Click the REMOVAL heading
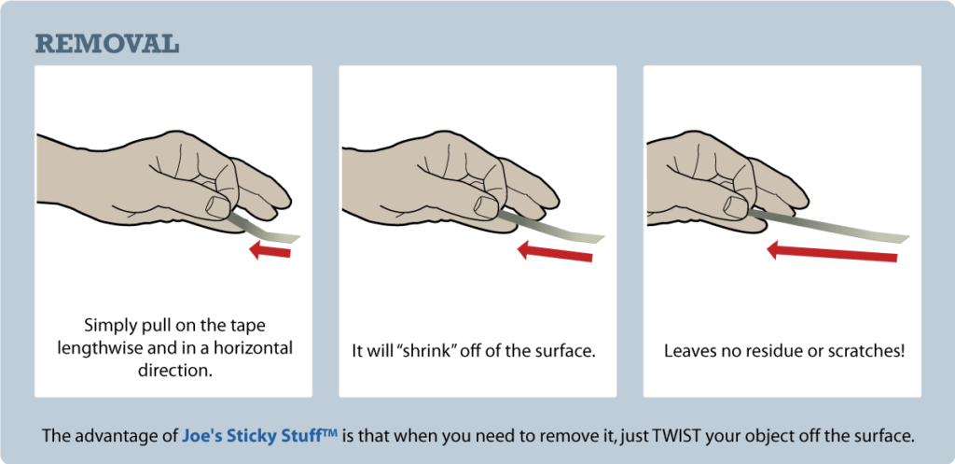coord(106,44)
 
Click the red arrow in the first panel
coord(270,250)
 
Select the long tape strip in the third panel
coord(830,228)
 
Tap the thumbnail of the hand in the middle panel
coord(487,204)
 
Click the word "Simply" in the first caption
coord(109,326)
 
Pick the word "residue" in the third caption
coord(763,352)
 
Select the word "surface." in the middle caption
coord(565,352)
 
